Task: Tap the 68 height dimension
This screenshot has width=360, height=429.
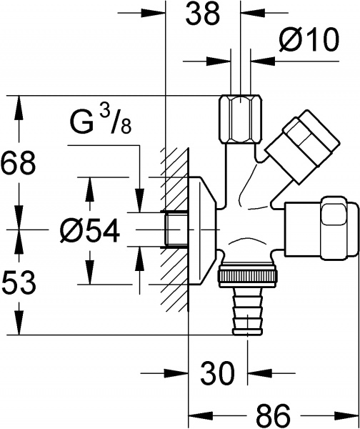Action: [19, 164]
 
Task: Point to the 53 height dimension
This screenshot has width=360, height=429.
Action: [19, 283]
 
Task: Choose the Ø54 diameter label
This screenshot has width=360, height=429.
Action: [89, 230]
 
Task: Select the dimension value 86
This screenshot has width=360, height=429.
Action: [274, 415]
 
